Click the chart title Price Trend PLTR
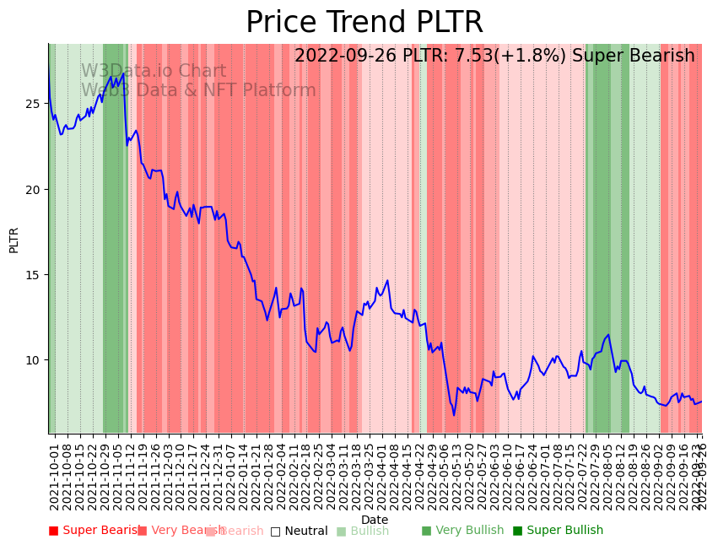(x=364, y=23)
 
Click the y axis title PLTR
(x=14, y=240)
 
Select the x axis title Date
(x=375, y=520)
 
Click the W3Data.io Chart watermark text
(x=154, y=72)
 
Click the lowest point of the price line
(x=454, y=414)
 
